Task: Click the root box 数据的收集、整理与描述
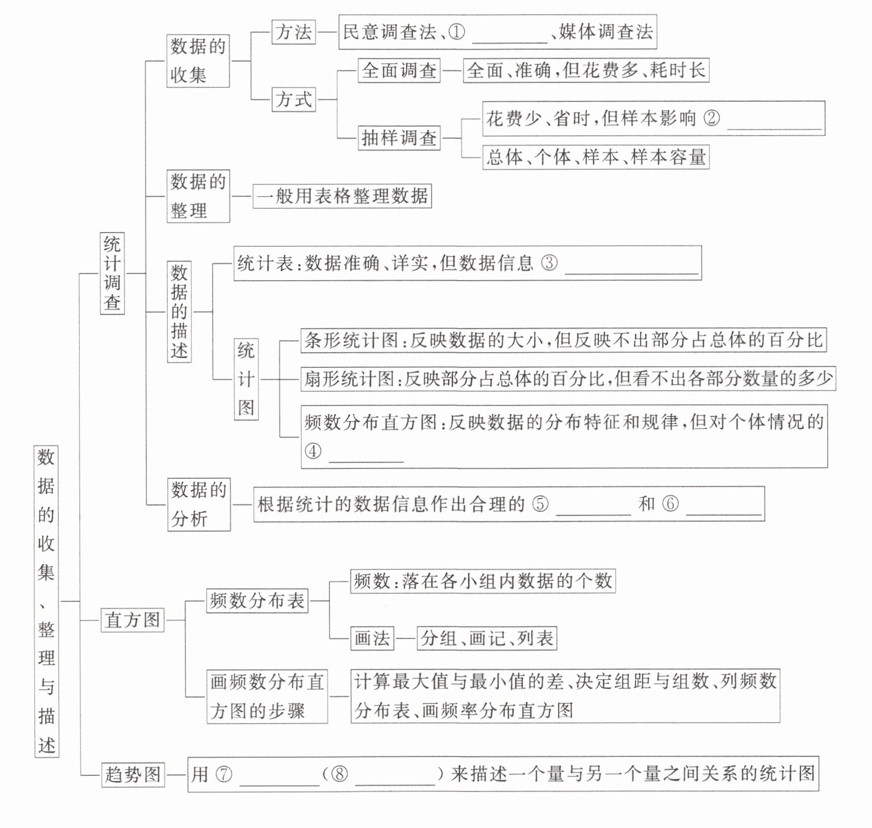pyautogui.click(x=47, y=601)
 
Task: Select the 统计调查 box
pyautogui.click(x=112, y=273)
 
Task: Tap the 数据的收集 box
pyautogui.click(x=198, y=61)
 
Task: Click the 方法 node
pyautogui.click(x=293, y=32)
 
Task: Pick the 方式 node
pyautogui.click(x=293, y=99)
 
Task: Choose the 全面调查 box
pyautogui.click(x=399, y=70)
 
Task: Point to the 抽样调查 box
pyautogui.click(x=399, y=138)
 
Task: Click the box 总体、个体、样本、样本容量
pyautogui.click(x=595, y=157)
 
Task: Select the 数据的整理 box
pyautogui.click(x=198, y=196)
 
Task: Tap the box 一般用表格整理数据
pyautogui.click(x=342, y=196)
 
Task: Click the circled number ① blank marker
pyautogui.click(x=457, y=32)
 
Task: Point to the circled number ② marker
pyautogui.click(x=712, y=119)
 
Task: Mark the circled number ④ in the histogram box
pyautogui.click(x=313, y=451)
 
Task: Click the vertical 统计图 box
pyautogui.click(x=246, y=379)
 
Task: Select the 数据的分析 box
pyautogui.click(x=199, y=505)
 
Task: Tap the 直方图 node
pyautogui.click(x=132, y=620)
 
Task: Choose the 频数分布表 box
pyautogui.click(x=257, y=601)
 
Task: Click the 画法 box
pyautogui.click(x=372, y=638)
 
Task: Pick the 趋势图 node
pyautogui.click(x=132, y=775)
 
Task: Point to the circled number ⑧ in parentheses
pyautogui.click(x=340, y=774)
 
